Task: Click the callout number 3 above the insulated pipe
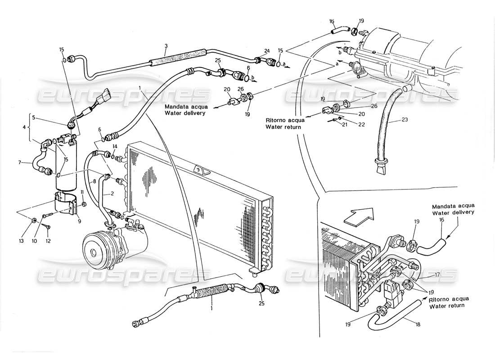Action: point(166,46)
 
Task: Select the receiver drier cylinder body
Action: point(65,165)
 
